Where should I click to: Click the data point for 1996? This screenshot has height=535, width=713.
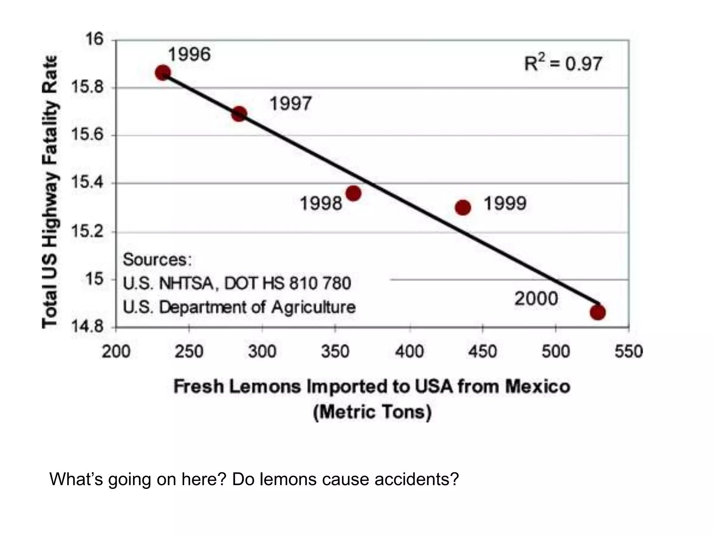click(x=163, y=73)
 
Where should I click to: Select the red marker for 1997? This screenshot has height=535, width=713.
click(x=239, y=114)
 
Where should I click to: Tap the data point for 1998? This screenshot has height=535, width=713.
click(x=353, y=193)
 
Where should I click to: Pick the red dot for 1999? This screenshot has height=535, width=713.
click(x=463, y=208)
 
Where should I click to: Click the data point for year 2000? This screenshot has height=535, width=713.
click(x=598, y=312)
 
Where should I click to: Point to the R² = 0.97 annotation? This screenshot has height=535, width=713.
click(x=563, y=64)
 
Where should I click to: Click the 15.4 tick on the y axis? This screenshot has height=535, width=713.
click(x=87, y=183)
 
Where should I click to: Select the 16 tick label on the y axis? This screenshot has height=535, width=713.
click(x=94, y=39)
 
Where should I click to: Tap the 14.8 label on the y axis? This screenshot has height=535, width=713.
click(x=87, y=327)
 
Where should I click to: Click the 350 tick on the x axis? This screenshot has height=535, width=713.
click(x=335, y=351)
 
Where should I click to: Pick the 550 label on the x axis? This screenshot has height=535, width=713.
click(x=628, y=351)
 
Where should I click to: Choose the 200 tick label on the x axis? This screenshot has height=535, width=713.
click(x=116, y=351)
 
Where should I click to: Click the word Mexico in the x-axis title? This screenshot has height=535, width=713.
click(x=538, y=387)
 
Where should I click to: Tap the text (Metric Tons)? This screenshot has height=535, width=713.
click(x=372, y=412)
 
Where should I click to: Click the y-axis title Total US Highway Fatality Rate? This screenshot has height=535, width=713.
click(x=49, y=192)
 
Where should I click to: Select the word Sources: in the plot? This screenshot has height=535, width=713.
click(x=157, y=260)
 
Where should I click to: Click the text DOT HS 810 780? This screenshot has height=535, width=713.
click(x=288, y=283)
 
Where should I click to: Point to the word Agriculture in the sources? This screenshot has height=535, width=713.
click(x=313, y=307)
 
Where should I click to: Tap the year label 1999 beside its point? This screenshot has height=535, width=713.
click(x=505, y=204)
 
